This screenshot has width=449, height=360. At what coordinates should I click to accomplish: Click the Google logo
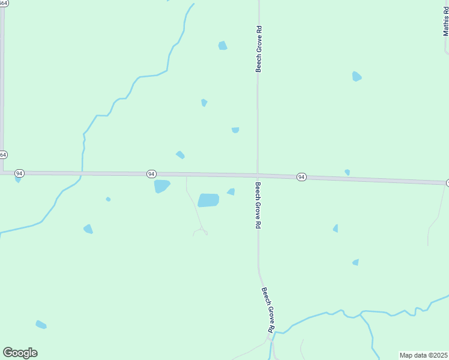click(x=20, y=353)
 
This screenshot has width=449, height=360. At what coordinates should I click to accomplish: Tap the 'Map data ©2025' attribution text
click(x=423, y=355)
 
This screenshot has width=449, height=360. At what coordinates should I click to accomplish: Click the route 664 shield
click(x=2, y=155)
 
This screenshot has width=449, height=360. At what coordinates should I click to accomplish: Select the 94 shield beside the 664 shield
click(x=20, y=173)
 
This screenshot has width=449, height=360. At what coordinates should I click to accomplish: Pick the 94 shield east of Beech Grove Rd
click(x=301, y=177)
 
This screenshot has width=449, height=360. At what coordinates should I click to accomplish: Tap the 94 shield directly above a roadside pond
click(x=151, y=173)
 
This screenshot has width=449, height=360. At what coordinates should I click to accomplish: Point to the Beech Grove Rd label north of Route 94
click(x=259, y=49)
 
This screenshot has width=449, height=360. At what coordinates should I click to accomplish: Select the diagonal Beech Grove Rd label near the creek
click(x=268, y=309)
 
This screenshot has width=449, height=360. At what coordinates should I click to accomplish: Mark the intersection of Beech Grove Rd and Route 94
click(x=258, y=175)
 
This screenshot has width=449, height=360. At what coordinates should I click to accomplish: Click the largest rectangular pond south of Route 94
click(x=208, y=200)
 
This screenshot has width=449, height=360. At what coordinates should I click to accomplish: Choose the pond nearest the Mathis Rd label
click(x=357, y=76)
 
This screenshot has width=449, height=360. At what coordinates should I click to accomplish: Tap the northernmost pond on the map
click(x=223, y=46)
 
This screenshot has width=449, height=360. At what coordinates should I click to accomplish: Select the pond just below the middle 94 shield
click(x=161, y=186)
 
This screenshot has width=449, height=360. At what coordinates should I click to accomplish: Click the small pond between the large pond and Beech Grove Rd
click(x=231, y=192)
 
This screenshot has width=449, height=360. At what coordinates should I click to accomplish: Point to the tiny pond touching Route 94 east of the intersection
click(x=347, y=172)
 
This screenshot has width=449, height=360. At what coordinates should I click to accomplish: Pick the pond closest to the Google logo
click(x=41, y=325)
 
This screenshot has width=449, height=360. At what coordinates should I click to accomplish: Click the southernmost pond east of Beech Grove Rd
click(x=356, y=262)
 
